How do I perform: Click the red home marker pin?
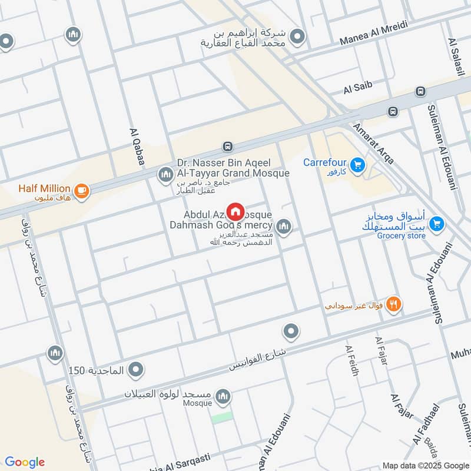click(235, 211)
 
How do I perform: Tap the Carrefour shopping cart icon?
click(357, 166)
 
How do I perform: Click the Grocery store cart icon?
click(436, 224)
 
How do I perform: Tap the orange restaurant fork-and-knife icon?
click(394, 304)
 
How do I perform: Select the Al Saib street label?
click(358, 89)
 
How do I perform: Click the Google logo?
click(25, 462)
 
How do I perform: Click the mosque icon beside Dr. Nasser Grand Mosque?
click(164, 174)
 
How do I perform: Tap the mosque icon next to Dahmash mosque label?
click(284, 226)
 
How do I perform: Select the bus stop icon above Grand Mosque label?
click(228, 146)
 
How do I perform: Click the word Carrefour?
click(324, 162)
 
